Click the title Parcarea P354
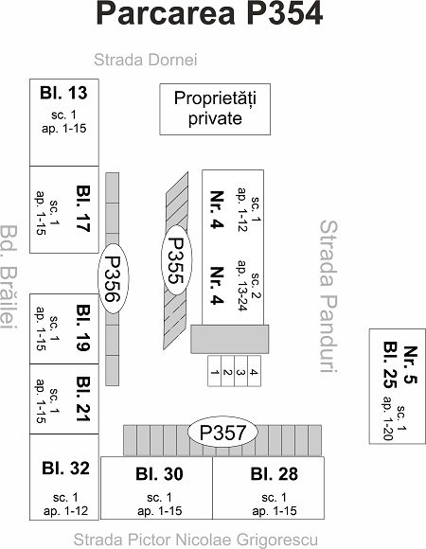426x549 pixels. click(x=209, y=13)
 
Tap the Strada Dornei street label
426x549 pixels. click(x=146, y=60)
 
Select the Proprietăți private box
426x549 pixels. click(x=215, y=109)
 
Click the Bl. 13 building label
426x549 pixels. click(x=63, y=93)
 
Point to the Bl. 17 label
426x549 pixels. click(x=83, y=208)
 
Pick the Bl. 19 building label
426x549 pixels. click(x=83, y=328)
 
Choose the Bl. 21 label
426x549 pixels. click(x=83, y=398)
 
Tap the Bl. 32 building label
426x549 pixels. click(x=66, y=469)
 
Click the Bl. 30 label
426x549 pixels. click(x=159, y=474)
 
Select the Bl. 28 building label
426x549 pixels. click(x=275, y=474)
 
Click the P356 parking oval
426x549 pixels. click(x=113, y=278)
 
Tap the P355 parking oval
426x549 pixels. click(x=176, y=259)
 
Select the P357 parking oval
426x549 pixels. click(x=222, y=433)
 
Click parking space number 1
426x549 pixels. click(x=215, y=371)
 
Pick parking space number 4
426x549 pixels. click(x=254, y=371)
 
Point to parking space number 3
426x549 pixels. click(x=240, y=371)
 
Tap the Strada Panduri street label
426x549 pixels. click(x=328, y=296)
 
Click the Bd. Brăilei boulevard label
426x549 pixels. click(x=9, y=277)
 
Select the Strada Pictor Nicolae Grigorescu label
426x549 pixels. click(x=196, y=540)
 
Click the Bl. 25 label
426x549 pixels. click(x=390, y=365)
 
